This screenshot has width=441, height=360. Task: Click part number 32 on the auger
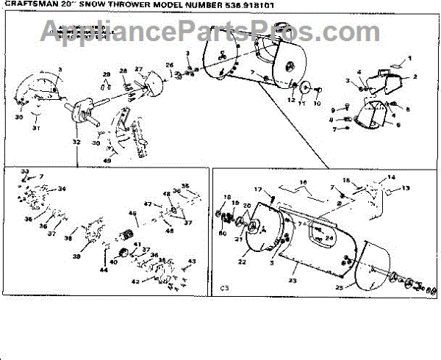tap(76, 141)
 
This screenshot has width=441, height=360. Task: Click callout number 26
tap(169, 65)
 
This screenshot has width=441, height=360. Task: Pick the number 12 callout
tap(292, 99)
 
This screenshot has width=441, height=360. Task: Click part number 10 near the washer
tap(318, 104)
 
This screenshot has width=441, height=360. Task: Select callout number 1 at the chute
tap(410, 58)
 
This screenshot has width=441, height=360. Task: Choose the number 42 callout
tap(135, 281)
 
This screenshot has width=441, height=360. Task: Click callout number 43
tap(193, 262)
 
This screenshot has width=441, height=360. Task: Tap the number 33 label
tap(24, 171)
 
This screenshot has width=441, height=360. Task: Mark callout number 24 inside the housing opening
tap(329, 237)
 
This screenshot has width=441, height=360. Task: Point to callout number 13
tap(406, 189)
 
